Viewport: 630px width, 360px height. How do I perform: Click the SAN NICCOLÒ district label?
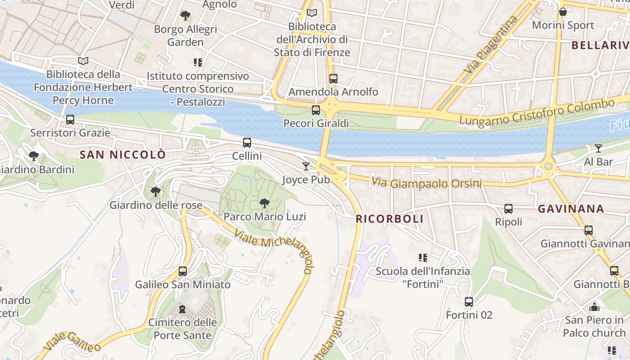coord(122,155)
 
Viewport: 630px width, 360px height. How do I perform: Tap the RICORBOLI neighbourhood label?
coord(389,219)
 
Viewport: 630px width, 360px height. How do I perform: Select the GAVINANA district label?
coord(571,209)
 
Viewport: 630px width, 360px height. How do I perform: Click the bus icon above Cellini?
coord(247,143)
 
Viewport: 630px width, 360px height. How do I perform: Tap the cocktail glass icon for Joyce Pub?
coord(306,166)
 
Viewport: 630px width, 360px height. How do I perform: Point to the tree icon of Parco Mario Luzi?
coord(265,203)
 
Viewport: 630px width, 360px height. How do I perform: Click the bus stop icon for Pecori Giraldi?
coord(316,110)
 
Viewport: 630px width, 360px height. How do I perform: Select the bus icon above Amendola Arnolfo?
coord(333,79)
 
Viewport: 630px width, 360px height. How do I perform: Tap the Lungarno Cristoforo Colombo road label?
coord(536,112)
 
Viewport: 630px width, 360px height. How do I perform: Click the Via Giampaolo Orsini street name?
coord(426,183)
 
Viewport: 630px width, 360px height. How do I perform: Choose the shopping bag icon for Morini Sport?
coord(562,12)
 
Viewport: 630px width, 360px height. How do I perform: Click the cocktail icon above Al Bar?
coord(598,148)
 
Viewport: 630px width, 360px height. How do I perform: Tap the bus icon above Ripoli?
coord(508,209)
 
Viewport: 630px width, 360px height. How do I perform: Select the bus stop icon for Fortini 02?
coord(469,302)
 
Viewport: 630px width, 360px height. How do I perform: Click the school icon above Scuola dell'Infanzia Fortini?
coord(423,258)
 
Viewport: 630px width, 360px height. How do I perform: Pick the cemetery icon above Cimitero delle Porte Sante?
coord(182,309)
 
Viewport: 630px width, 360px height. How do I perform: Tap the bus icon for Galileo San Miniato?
coord(182,271)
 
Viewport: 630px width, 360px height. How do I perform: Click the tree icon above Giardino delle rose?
coord(156,192)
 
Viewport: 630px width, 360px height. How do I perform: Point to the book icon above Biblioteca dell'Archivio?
coord(312,13)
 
